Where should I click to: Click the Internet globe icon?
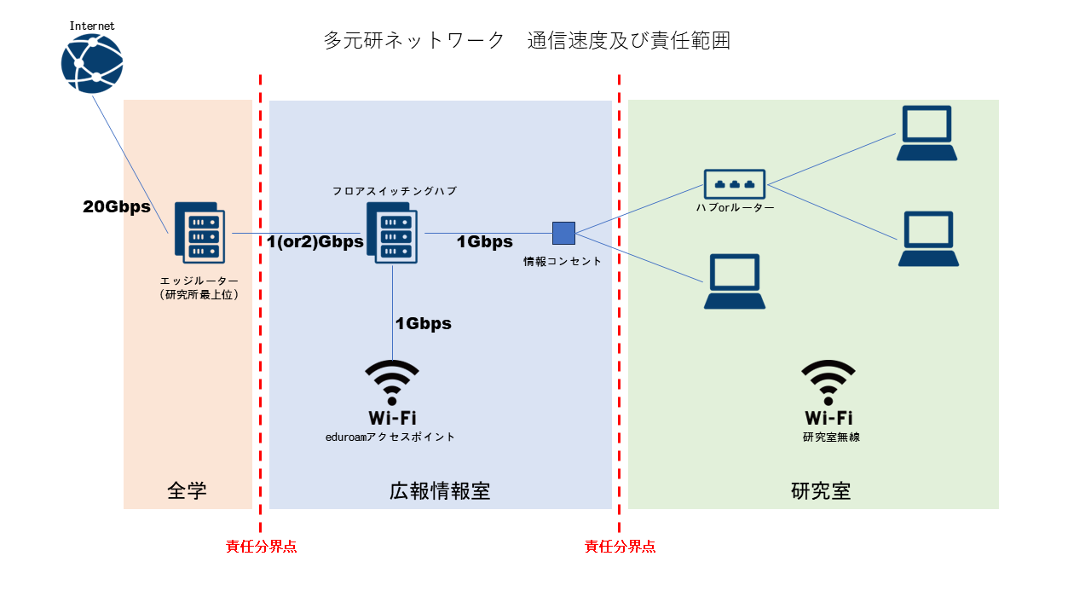92,63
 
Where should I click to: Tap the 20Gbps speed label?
117,206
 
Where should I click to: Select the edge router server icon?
199,232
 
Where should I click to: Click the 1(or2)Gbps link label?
315,241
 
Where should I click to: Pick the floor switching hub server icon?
392,232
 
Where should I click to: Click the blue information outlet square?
563,233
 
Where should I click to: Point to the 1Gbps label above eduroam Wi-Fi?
423,323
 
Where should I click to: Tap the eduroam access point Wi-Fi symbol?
392,381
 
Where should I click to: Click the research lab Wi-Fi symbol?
828,381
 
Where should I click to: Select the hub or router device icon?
735,183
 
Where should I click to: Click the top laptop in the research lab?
926,133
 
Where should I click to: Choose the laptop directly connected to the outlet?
734,282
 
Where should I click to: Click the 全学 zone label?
188,490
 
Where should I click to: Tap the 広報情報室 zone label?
440,490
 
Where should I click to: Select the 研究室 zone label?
821,490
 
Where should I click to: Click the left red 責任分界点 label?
262,547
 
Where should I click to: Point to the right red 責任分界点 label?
621,547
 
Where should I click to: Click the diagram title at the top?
527,40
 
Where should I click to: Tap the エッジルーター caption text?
199,281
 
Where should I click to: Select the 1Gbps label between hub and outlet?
484,241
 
